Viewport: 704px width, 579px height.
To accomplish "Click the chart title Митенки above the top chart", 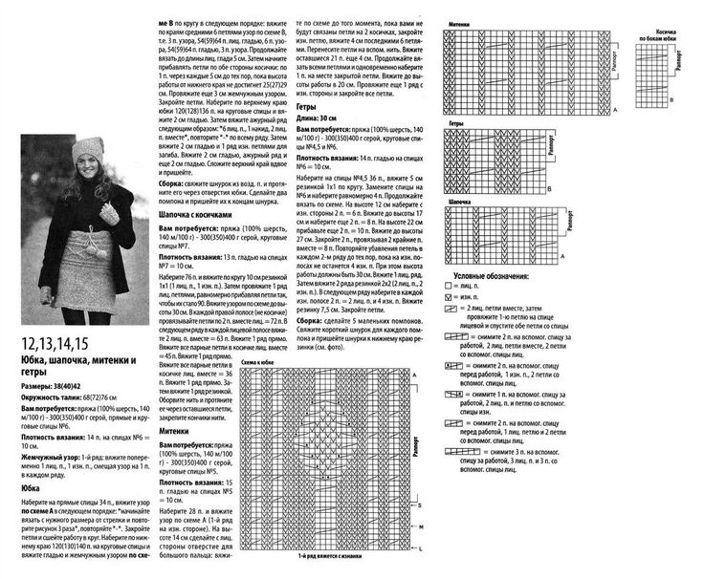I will [463, 19].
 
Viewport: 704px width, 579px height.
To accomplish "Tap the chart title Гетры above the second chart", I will [456, 125].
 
